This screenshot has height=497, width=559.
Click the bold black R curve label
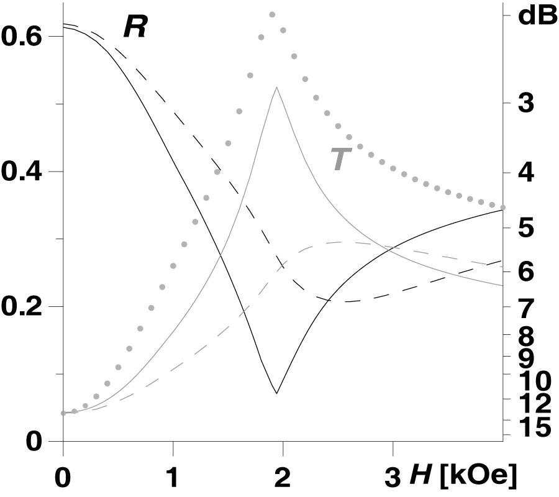click(134, 28)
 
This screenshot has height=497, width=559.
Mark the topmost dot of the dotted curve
click(272, 14)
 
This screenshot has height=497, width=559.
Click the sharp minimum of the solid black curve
click(276, 393)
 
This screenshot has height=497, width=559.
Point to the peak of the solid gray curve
click(276, 88)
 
